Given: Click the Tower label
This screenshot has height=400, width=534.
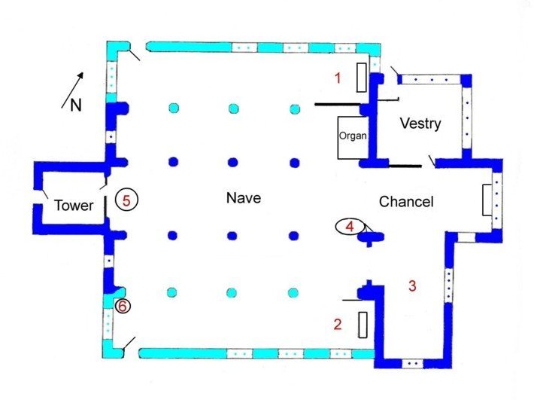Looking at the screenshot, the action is [x=74, y=206].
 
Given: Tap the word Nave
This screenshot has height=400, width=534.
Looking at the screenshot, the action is [x=244, y=198].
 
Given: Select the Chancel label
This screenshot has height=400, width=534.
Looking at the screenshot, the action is [x=406, y=202].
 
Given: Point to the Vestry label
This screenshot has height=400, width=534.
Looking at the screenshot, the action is [x=420, y=124].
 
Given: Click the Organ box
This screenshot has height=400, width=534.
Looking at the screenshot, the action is [x=353, y=138].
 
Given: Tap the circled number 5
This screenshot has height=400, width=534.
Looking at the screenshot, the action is [x=126, y=200].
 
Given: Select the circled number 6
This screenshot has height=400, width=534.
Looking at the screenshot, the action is [x=123, y=306].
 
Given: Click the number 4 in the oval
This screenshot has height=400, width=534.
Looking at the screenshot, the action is [x=350, y=227].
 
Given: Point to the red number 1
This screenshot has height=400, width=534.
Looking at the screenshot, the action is [x=338, y=78].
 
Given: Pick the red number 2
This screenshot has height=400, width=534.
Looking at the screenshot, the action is [x=338, y=324].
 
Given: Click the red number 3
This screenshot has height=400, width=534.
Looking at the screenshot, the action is [x=412, y=285].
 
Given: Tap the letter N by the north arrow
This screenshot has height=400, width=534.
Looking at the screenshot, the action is [x=76, y=105].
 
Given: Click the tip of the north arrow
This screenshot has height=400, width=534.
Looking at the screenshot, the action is [x=82, y=72].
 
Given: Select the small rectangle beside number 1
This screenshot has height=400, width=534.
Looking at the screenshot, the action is [x=362, y=78].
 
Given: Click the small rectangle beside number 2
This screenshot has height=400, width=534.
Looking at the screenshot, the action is [x=363, y=325].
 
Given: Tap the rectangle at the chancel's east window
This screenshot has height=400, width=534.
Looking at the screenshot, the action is [x=487, y=200].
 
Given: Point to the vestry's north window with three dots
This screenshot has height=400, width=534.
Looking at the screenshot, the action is [x=432, y=80].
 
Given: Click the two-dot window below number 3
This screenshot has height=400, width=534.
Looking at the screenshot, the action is [x=412, y=364].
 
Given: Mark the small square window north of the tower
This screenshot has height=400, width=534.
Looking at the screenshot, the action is [x=111, y=137].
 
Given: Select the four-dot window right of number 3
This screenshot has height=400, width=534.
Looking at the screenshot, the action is [x=449, y=285].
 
